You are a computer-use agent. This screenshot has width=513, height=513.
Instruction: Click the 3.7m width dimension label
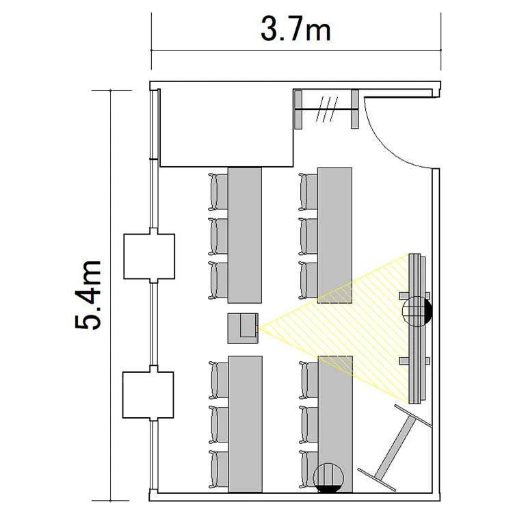tap(295, 29)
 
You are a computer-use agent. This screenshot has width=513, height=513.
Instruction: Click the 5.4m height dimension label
tap(88, 295)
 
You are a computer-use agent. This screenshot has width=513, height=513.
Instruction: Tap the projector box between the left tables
tap(243, 328)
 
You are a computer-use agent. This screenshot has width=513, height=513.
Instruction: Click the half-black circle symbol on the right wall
tap(417, 311)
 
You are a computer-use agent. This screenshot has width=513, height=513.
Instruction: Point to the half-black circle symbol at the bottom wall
tap(328, 478)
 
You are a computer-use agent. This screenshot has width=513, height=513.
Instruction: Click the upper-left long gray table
tap(245, 235)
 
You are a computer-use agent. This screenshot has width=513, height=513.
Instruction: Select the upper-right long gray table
tap(334, 235)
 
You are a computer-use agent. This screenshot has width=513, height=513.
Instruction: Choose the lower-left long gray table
tap(246, 424)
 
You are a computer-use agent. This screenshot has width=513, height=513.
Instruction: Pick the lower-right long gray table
tap(335, 424)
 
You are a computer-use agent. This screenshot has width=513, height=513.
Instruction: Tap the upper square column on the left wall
tap(149, 256)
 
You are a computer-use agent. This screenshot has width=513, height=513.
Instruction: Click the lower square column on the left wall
tap(148, 395)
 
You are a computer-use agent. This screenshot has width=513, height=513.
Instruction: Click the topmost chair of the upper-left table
tap(218, 192)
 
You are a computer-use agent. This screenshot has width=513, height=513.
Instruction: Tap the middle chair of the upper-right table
tap(308, 236)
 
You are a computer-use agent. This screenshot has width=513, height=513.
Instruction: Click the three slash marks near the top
tap(326, 109)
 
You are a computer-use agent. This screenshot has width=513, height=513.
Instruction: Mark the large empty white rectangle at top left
tap(226, 128)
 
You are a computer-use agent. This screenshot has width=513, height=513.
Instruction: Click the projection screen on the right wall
tap(415, 328)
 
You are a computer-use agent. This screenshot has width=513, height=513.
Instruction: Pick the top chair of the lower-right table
tap(308, 380)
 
